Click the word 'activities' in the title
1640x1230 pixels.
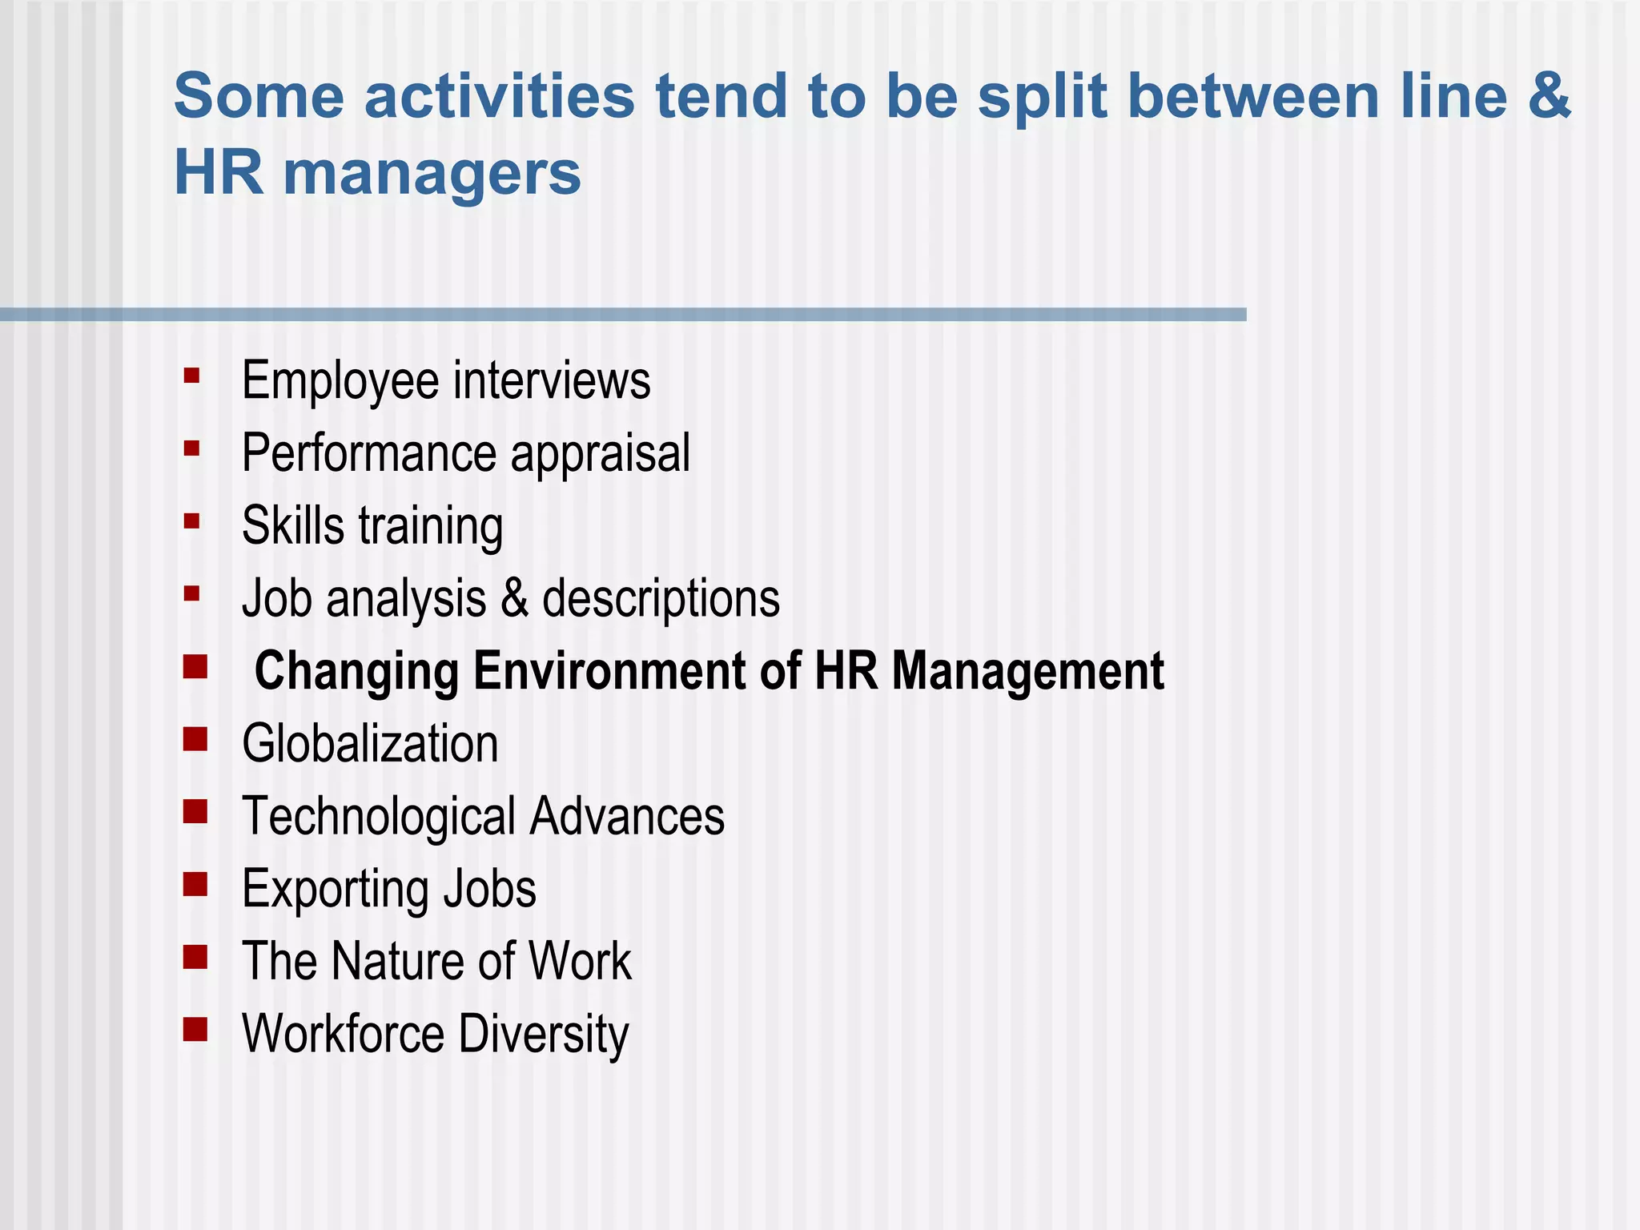tap(500, 96)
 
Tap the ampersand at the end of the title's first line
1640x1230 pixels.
tap(1549, 96)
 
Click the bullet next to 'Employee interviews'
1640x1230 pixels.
tap(191, 376)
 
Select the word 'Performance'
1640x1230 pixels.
tap(369, 453)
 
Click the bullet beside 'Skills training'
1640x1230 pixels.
tap(191, 521)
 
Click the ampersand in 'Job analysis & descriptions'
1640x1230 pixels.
tap(514, 598)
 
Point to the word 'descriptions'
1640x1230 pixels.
tap(661, 600)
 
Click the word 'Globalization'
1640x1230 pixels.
tap(370, 743)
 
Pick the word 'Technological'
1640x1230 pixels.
tap(379, 817)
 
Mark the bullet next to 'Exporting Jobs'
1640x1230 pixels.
tap(195, 884)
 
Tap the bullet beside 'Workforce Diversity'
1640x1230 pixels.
tap(195, 1029)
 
